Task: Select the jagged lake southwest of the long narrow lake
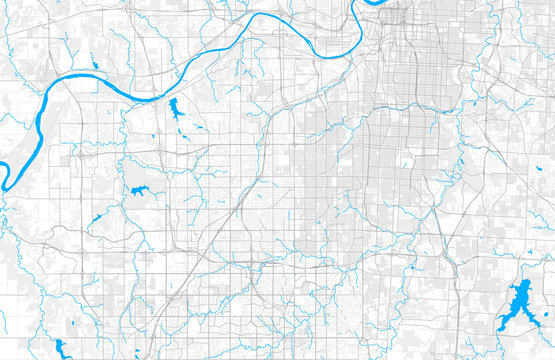(x=137, y=190)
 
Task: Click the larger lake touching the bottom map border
(x=62, y=348)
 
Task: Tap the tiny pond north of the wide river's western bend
(x=95, y=67)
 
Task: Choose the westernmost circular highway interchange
(x=75, y=155)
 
